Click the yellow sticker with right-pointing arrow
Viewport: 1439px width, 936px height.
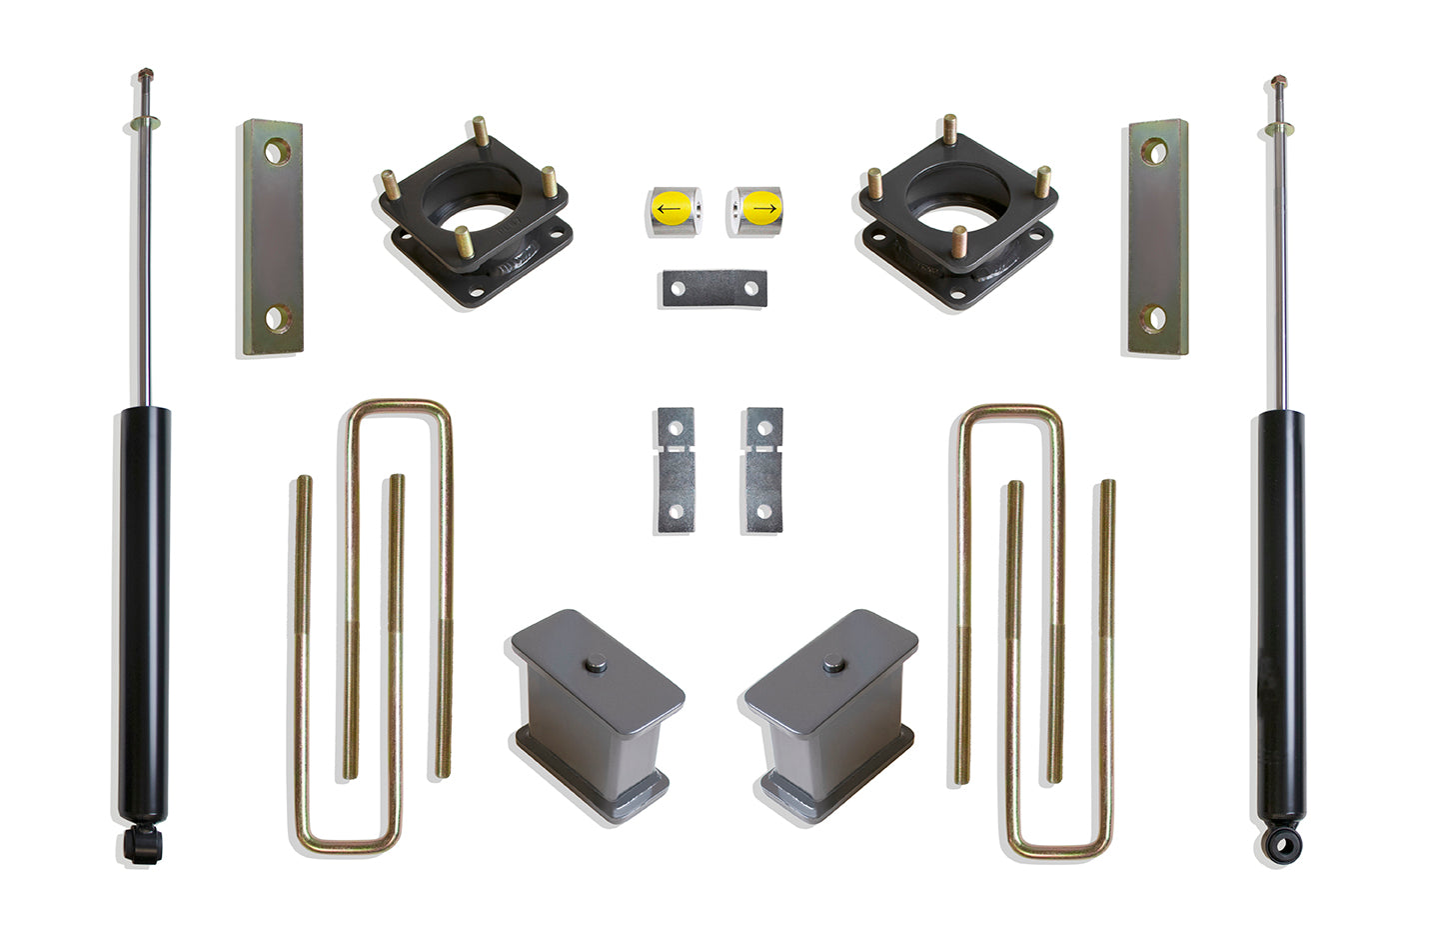[x=762, y=209]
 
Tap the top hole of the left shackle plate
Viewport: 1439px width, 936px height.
[x=277, y=151]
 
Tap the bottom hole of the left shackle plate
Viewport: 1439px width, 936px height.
[x=277, y=320]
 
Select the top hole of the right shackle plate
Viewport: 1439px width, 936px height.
[x=1153, y=152]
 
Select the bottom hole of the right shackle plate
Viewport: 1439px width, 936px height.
[x=1153, y=319]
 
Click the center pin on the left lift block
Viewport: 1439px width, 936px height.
[x=596, y=662]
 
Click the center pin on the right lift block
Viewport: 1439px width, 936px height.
[x=833, y=662]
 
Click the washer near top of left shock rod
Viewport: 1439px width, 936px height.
[x=146, y=124]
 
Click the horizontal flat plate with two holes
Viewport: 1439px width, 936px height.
[x=713, y=289]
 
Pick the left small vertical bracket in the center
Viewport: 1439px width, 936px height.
[x=676, y=470]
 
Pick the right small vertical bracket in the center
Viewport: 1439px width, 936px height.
[x=762, y=470]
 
